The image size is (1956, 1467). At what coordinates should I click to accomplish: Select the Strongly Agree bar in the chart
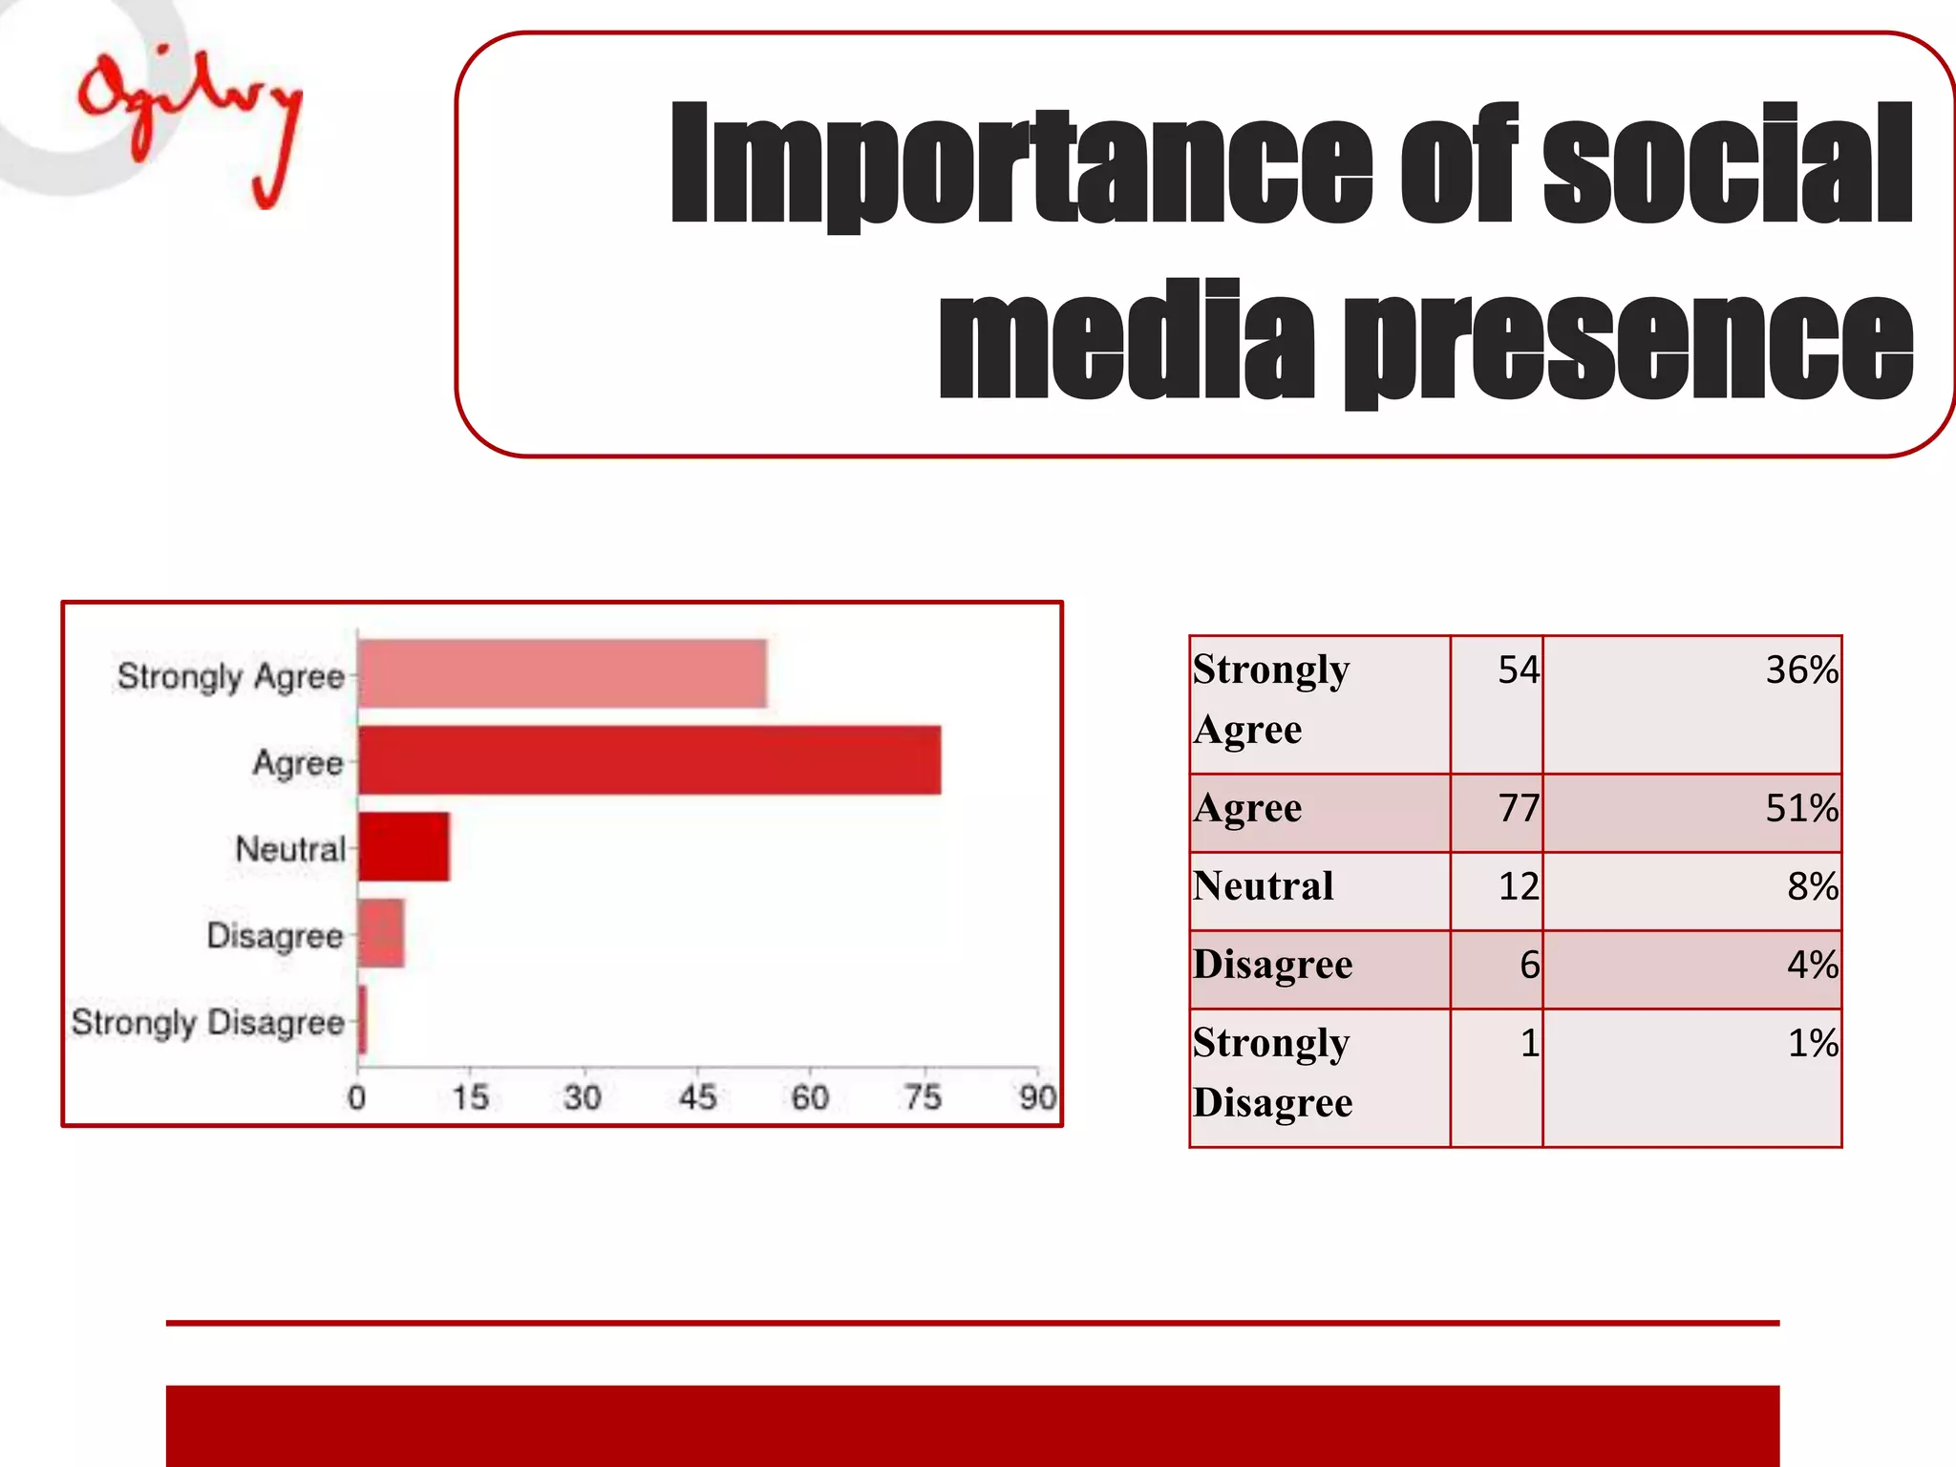[x=563, y=674]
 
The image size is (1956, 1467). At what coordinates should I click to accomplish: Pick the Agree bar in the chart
[x=649, y=760]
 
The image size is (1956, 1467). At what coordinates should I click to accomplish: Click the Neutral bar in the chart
[x=404, y=847]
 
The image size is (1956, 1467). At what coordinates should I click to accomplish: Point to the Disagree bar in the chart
[x=381, y=933]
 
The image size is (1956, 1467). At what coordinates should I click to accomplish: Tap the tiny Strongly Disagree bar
[x=362, y=1020]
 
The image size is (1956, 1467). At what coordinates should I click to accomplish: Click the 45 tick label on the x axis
[x=697, y=1097]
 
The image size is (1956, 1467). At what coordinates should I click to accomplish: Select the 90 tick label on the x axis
[x=1037, y=1097]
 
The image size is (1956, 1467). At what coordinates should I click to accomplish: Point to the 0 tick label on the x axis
[x=356, y=1097]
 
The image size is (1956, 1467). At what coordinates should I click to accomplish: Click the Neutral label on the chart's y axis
[x=290, y=848]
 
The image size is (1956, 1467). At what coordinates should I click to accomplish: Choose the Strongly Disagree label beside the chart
[x=207, y=1022]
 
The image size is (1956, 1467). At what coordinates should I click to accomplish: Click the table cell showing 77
[x=1518, y=809]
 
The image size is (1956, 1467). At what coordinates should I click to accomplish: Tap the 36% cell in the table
[x=1801, y=670]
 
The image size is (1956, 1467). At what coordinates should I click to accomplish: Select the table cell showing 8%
[x=1812, y=887]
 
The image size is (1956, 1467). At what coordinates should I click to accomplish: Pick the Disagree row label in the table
[x=1272, y=965]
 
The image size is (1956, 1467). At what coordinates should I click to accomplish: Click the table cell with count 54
[x=1518, y=670]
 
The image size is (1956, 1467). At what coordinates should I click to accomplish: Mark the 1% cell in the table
[x=1812, y=1043]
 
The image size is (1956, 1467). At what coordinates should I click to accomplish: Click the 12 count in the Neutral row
[x=1518, y=887]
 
